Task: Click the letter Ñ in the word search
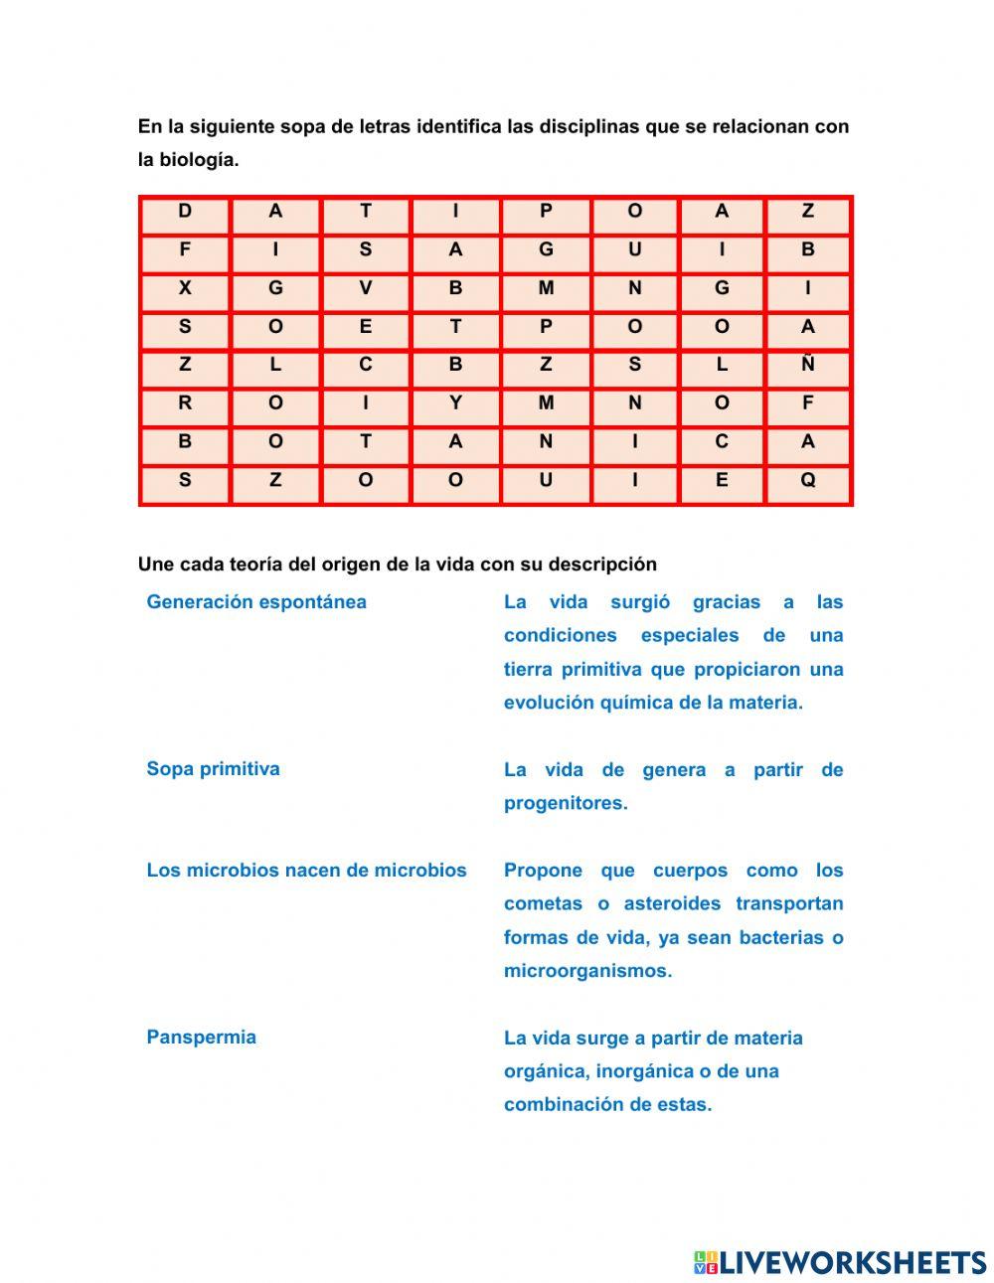(x=807, y=365)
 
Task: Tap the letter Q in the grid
(x=807, y=480)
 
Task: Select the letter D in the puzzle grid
(x=185, y=211)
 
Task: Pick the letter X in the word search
(x=185, y=288)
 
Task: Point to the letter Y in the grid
(x=455, y=403)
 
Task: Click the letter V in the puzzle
(x=366, y=288)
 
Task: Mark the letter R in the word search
(x=185, y=403)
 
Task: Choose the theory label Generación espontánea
(x=256, y=602)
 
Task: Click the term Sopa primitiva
(x=213, y=769)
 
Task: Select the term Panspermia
(x=201, y=1038)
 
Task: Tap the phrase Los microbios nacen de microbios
(x=306, y=871)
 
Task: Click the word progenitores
(x=566, y=803)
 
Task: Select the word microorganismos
(x=587, y=971)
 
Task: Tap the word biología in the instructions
(x=203, y=160)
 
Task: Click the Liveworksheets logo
(x=840, y=1262)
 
